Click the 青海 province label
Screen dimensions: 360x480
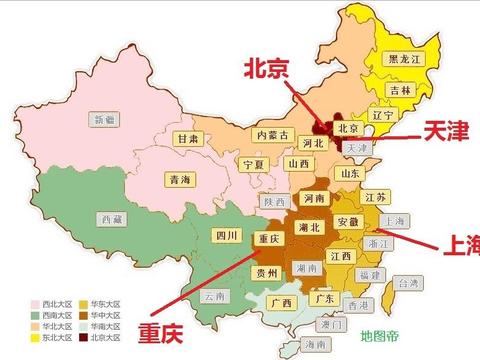(180, 180)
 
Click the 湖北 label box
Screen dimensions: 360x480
(310, 229)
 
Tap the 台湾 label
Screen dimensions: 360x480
(410, 283)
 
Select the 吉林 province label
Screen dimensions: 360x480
(400, 90)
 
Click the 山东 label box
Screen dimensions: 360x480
(349, 173)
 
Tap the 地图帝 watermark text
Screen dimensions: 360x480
(380, 334)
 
